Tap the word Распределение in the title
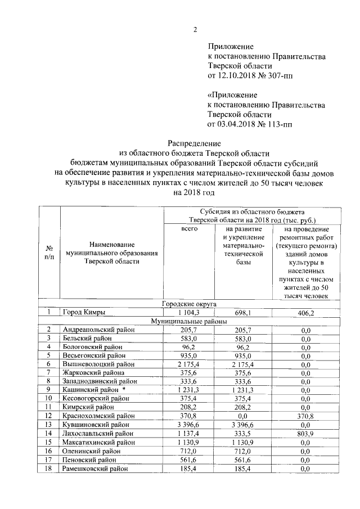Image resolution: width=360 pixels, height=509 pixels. (195, 143)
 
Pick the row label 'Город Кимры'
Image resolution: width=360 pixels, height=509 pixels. (84, 312)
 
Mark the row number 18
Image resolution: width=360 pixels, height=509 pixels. (49, 468)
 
